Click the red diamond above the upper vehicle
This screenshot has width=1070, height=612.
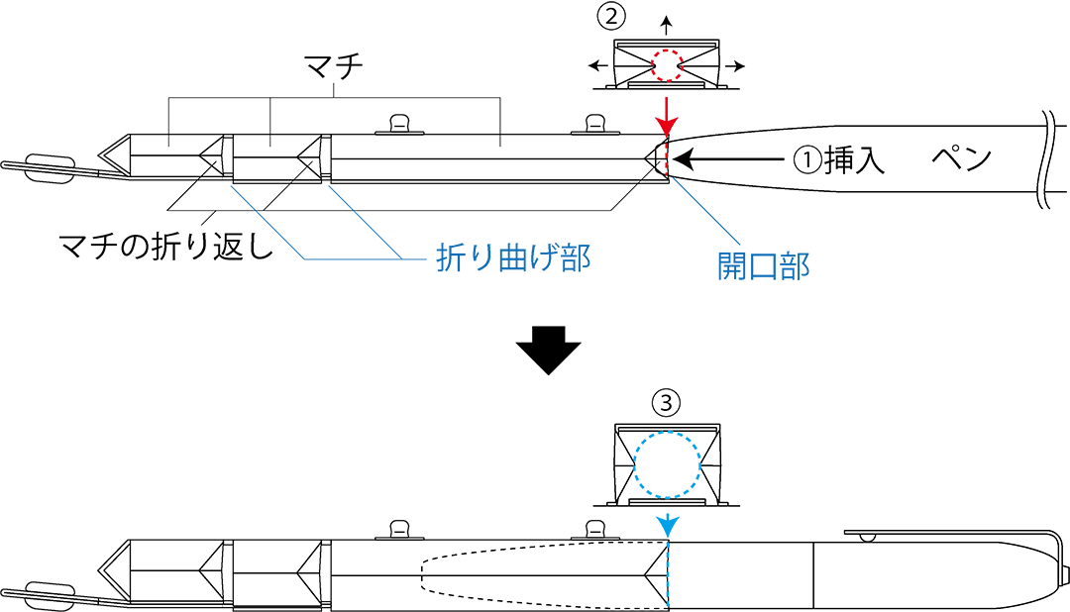[667, 114]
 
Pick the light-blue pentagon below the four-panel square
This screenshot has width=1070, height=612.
[667, 522]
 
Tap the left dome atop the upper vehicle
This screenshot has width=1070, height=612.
[399, 124]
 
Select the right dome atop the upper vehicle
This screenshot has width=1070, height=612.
[594, 124]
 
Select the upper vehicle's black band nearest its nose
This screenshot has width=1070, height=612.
[227, 156]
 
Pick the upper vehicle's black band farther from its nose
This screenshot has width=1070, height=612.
[326, 156]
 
